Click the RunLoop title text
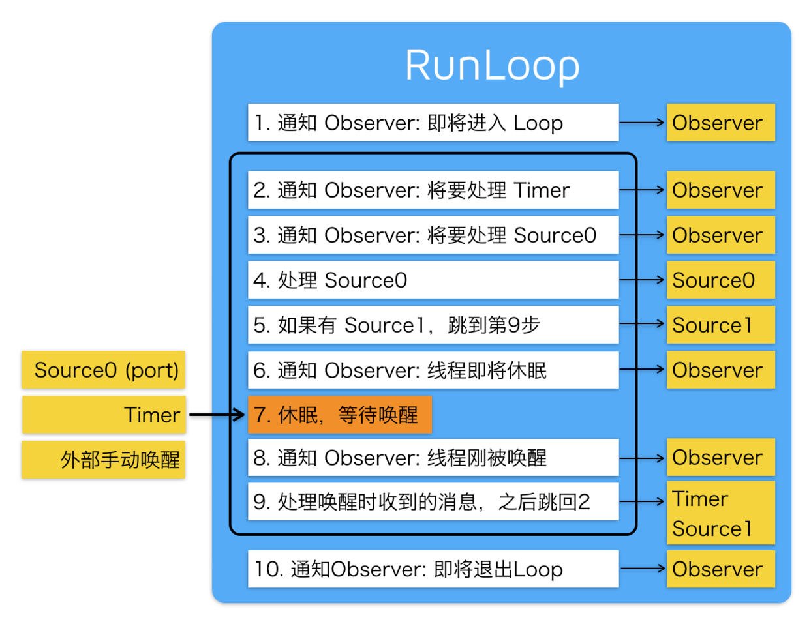pos(492,65)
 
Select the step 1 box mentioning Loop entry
pos(433,123)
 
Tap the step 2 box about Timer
pos(433,190)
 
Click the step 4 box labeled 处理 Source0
pos(433,280)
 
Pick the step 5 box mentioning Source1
pos(433,325)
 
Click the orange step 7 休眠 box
pos(339,415)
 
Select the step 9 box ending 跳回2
pos(433,501)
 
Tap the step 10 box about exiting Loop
pos(433,569)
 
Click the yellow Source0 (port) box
pos(104,370)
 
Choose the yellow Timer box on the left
pos(104,415)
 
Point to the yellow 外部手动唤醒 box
pos(104,460)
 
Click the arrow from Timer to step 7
pos(217,415)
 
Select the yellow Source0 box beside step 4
pos(720,280)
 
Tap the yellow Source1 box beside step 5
pos(720,325)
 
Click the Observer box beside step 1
pos(720,123)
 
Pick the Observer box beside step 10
pos(720,569)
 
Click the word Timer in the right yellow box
pos(700,499)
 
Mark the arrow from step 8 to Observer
pos(642,458)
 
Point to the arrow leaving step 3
pos(642,235)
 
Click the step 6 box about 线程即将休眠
pos(433,370)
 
